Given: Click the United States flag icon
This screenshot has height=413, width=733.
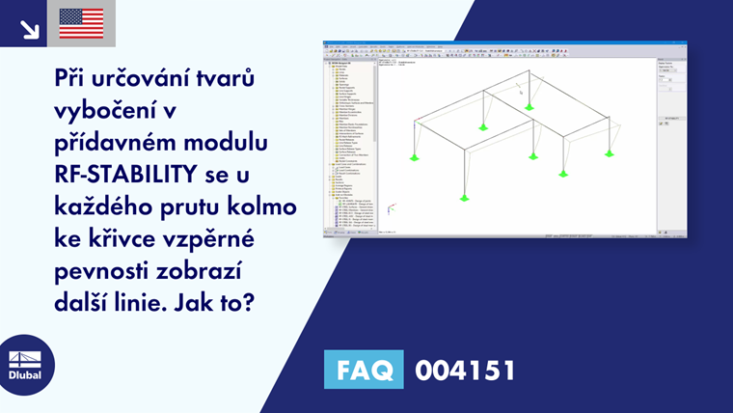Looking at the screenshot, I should click(x=81, y=23).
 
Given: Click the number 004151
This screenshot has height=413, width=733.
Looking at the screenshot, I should click(x=465, y=370).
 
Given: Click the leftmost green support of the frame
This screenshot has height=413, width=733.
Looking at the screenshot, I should click(x=415, y=156).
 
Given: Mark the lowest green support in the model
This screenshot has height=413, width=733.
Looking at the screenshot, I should click(x=465, y=197).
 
